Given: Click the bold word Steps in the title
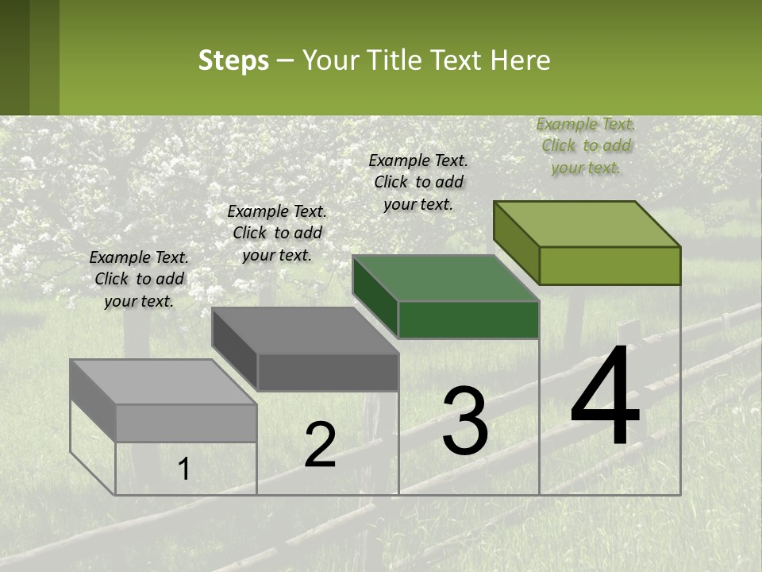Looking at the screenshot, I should pyautogui.click(x=233, y=60).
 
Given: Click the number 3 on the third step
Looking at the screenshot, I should pyautogui.click(x=464, y=421).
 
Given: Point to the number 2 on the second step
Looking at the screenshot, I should pyautogui.click(x=320, y=445).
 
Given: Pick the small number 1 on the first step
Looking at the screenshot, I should pyautogui.click(x=183, y=469).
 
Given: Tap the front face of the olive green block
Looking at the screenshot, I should pyautogui.click(x=610, y=265).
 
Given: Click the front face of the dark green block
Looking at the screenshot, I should pyautogui.click(x=468, y=319).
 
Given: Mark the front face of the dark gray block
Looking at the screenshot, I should pyautogui.click(x=328, y=372).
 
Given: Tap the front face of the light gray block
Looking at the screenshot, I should pyautogui.click(x=186, y=423).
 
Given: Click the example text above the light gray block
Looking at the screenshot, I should pyautogui.click(x=139, y=279).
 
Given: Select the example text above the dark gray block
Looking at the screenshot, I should pyautogui.click(x=277, y=233).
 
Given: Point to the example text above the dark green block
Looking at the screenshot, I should pyautogui.click(x=418, y=182).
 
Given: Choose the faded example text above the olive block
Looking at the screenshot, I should pyautogui.click(x=586, y=145).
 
